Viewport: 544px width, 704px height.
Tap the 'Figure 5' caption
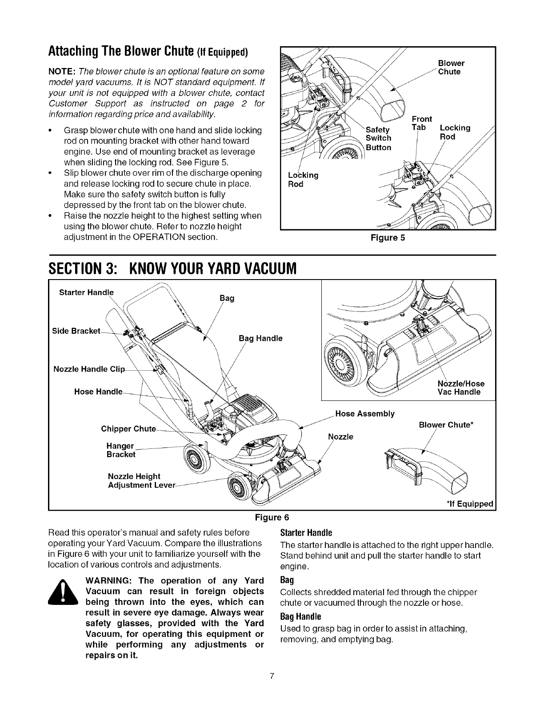point(388,238)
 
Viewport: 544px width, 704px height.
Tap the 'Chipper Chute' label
point(128,429)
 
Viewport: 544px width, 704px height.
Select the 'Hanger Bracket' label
point(121,450)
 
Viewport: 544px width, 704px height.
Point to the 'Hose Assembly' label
point(365,414)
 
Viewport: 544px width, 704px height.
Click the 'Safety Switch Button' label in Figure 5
point(378,139)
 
